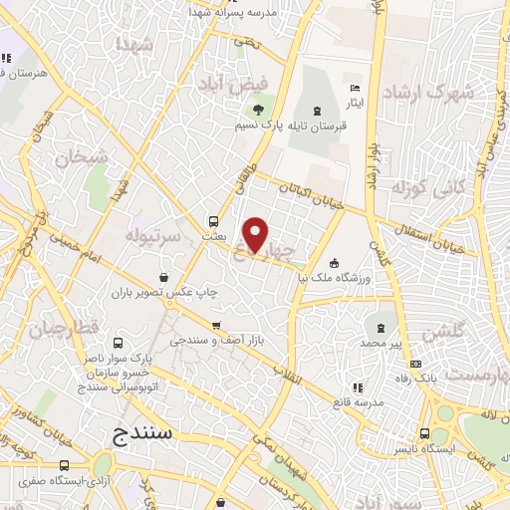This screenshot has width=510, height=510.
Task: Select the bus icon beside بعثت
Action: (x=213, y=221)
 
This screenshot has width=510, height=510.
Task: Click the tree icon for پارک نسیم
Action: (x=259, y=109)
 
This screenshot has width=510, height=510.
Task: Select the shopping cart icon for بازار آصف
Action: (x=216, y=325)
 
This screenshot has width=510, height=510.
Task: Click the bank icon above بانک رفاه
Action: (x=415, y=363)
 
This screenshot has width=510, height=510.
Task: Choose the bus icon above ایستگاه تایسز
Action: (x=425, y=433)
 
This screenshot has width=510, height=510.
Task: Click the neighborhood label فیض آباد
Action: (x=222, y=83)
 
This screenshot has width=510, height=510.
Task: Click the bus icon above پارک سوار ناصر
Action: (x=121, y=343)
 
